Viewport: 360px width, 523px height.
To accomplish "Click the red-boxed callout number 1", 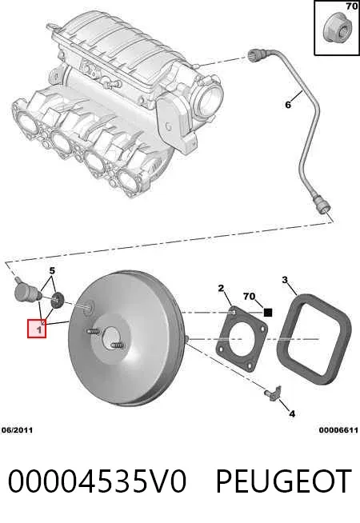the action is (x=39, y=330).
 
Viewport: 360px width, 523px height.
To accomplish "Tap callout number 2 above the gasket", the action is (x=222, y=288).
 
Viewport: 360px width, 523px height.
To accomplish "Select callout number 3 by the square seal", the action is (x=285, y=280).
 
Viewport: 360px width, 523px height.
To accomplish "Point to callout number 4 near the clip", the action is (x=292, y=414).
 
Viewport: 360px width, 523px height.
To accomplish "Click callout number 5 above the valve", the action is (x=52, y=271).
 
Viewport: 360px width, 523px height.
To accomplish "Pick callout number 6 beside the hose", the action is (x=288, y=105).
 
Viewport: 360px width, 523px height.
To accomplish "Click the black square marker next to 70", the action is (x=268, y=313).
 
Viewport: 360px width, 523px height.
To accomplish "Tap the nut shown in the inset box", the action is (x=336, y=30).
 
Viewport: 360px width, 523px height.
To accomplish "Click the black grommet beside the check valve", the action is (x=57, y=301).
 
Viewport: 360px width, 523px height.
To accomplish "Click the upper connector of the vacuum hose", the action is (x=255, y=55).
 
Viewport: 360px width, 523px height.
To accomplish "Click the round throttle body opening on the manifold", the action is (x=209, y=97).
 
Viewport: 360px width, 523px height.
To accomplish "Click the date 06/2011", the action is (x=18, y=430).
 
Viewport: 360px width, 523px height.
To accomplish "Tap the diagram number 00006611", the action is (x=338, y=430).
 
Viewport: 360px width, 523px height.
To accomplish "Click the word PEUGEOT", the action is (x=283, y=481).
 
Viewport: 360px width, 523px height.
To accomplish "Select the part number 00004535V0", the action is (x=97, y=481).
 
